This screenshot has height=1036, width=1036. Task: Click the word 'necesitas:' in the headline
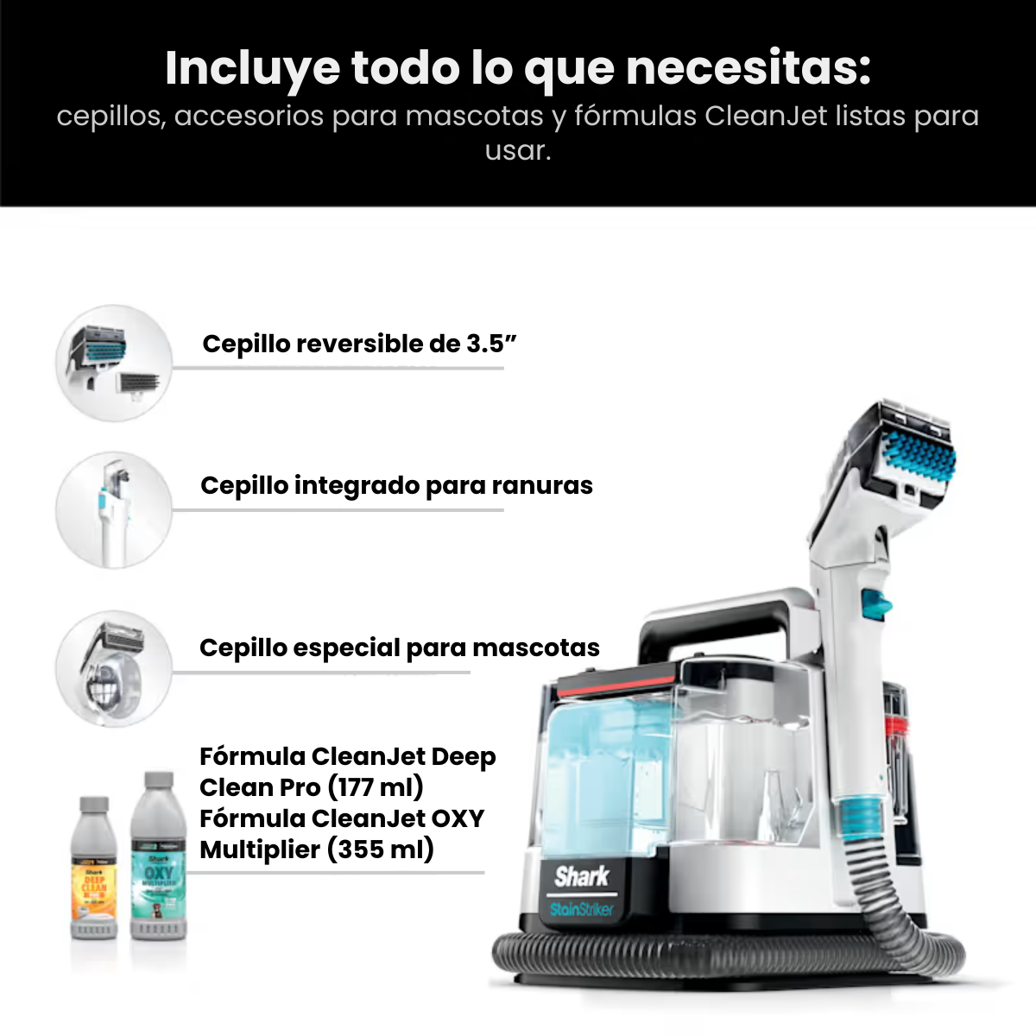[748, 69]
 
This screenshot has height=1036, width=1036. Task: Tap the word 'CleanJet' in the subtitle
[767, 116]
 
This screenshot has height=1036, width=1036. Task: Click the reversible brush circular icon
[114, 363]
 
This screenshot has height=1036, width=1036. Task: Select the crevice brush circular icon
[114, 509]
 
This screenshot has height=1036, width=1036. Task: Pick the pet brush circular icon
[114, 670]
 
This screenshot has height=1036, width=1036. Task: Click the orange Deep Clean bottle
[93, 872]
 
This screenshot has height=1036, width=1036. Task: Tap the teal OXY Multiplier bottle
[158, 863]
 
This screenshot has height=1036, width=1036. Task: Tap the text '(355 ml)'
[380, 850]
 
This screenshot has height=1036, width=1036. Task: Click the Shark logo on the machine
[581, 877]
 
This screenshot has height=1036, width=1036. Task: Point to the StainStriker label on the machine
[581, 909]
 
